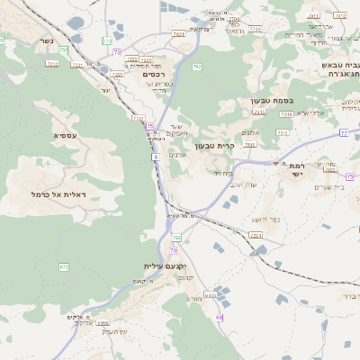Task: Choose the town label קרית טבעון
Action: point(214,145)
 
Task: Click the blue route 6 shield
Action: point(155,157)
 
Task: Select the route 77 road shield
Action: point(344,132)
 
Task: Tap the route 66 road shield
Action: point(219,318)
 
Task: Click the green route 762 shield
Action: point(196,67)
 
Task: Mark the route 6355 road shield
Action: point(211,295)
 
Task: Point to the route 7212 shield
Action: point(52,63)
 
